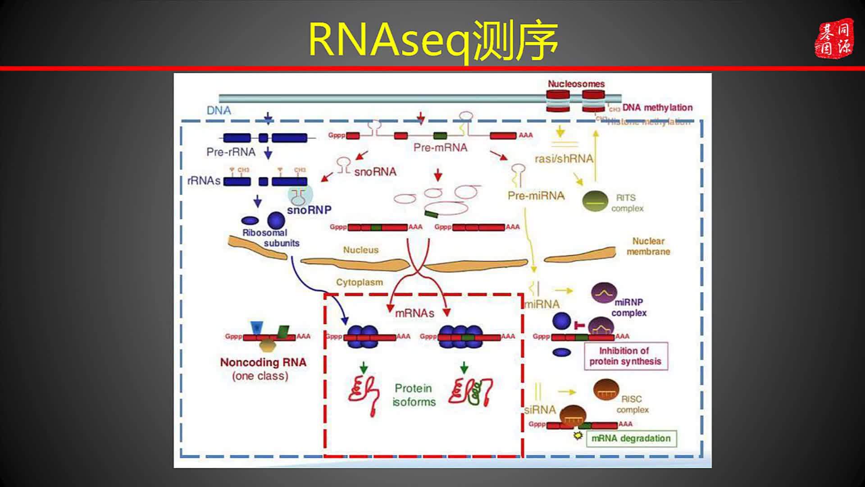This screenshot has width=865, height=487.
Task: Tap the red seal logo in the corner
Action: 834,38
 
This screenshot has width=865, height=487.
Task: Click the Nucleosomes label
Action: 576,84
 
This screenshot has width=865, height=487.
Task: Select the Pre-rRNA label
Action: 231,152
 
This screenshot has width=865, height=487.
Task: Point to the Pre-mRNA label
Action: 440,148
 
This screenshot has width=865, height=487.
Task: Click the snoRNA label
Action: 375,172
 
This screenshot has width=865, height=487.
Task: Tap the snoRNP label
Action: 309,210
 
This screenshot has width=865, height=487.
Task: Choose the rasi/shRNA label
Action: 564,159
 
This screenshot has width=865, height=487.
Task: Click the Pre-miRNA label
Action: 536,196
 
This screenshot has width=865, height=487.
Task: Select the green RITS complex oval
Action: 595,201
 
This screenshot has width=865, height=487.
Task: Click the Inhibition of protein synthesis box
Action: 625,356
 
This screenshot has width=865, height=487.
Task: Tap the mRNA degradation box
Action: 631,438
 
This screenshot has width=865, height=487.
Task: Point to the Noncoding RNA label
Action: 263,363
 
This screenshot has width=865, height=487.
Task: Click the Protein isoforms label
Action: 414,395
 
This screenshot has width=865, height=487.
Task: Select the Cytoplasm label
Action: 359,283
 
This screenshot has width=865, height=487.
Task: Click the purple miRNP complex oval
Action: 604,293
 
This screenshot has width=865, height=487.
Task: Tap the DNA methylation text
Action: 657,108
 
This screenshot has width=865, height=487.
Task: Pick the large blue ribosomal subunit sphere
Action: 276,220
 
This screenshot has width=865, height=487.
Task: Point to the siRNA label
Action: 540,410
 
